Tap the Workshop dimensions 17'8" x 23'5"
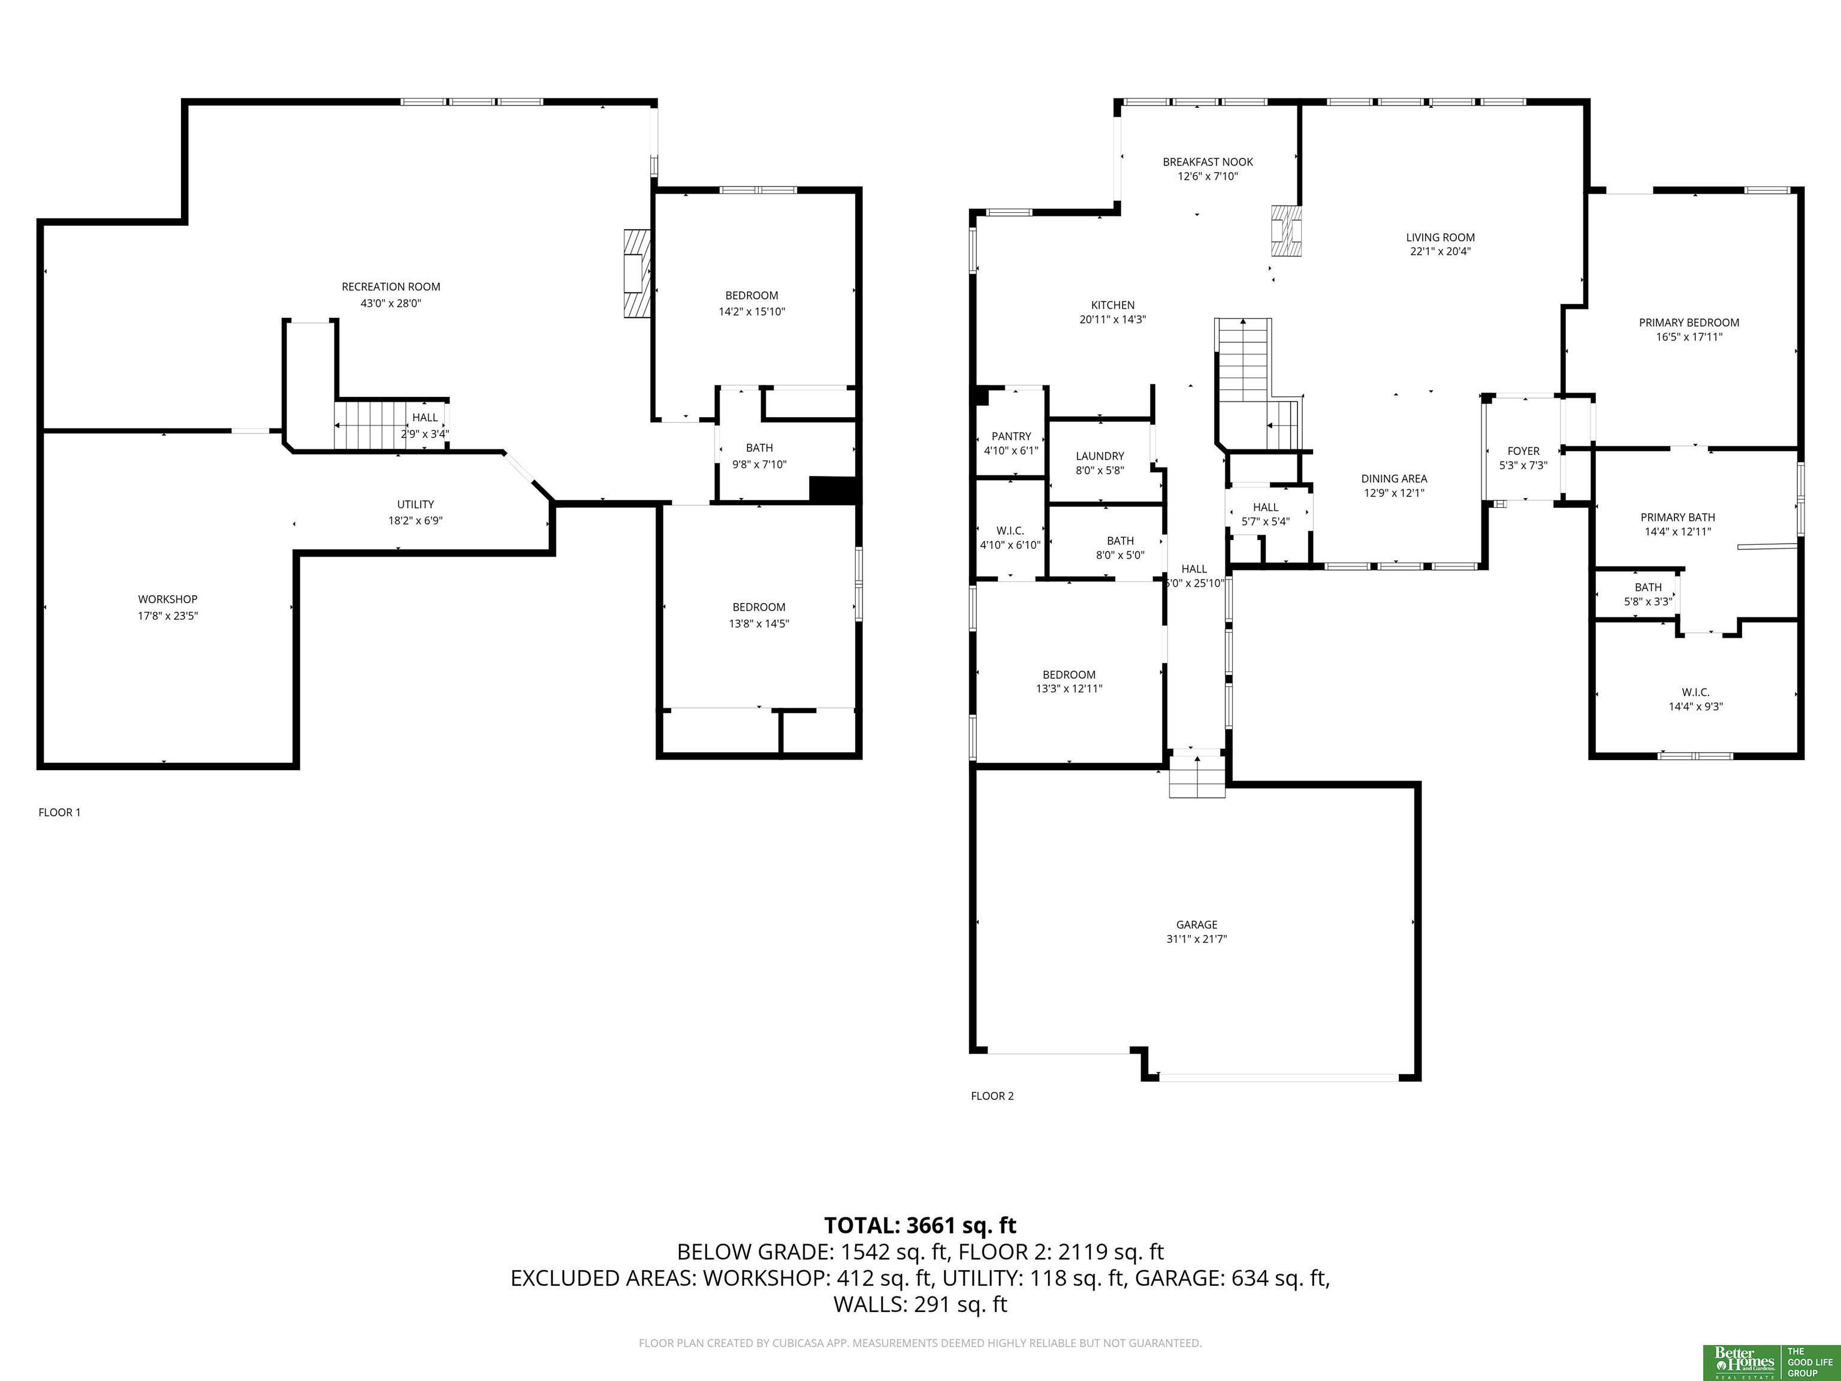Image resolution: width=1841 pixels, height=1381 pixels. click(168, 616)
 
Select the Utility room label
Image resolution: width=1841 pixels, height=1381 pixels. click(415, 505)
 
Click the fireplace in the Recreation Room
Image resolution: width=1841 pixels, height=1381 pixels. click(636, 273)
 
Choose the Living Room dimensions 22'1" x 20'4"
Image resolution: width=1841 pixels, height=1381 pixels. click(1440, 251)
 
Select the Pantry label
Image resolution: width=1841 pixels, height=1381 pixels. click(1011, 436)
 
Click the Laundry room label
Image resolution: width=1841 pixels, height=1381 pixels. click(1100, 456)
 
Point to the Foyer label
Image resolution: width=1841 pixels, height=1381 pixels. click(1523, 451)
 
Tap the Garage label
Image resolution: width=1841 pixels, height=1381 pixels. click(1197, 925)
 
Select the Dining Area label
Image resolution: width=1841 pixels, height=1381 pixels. click(1394, 479)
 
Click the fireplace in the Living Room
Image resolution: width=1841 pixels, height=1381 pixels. click(1286, 231)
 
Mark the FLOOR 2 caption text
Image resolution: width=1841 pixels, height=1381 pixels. click(992, 1096)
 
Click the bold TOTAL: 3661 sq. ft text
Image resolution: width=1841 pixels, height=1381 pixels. click(920, 1225)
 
